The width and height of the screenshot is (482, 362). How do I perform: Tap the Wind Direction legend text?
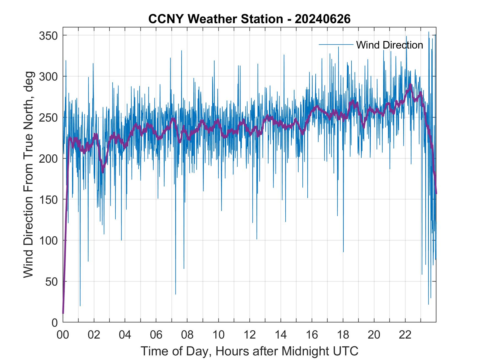pos(389,45)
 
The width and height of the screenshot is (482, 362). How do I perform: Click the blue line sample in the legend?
pos(336,44)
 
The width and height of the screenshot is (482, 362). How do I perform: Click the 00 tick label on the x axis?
pos(63,335)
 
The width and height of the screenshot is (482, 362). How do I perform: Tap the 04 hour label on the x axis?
pos(125,335)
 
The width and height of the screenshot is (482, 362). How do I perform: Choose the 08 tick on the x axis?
pos(187,335)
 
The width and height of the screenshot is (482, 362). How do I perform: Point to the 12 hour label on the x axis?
pos(250,335)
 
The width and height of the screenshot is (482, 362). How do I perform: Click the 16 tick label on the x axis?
pos(312,335)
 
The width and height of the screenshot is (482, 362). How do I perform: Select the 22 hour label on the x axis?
pos(405,335)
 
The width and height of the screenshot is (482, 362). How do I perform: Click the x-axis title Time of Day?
pos(250,351)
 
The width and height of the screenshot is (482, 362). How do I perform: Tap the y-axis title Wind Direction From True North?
pos(28,175)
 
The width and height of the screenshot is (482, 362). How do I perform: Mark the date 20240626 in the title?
pos(323,19)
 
